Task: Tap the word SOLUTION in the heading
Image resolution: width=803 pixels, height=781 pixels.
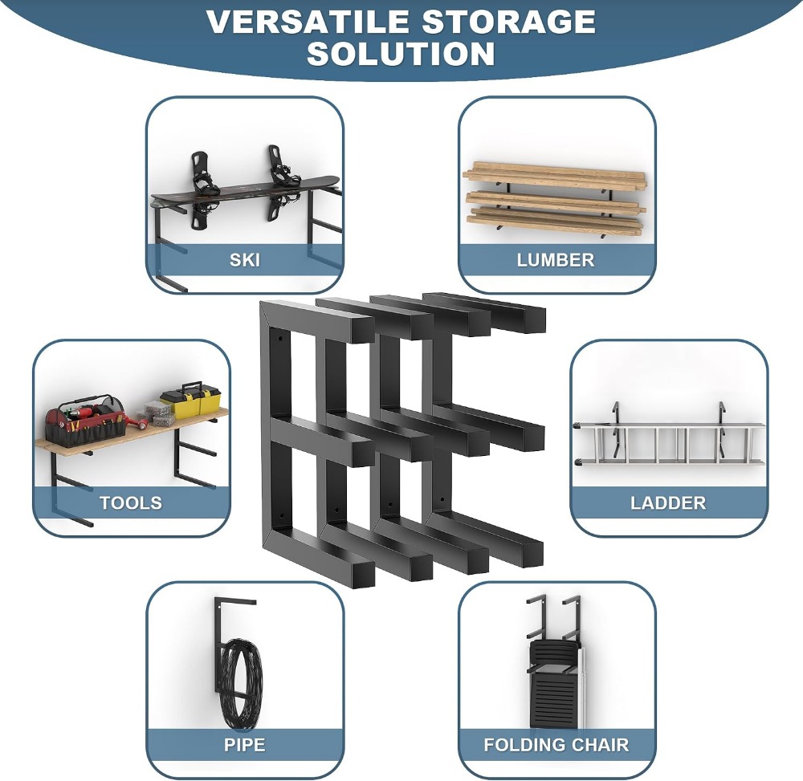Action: click(x=401, y=53)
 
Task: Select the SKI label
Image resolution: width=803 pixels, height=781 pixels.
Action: click(x=245, y=260)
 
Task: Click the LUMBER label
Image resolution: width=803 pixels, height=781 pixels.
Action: click(x=556, y=260)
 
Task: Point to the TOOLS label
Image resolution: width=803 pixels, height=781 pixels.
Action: click(x=131, y=502)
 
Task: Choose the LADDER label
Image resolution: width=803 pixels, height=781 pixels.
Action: click(x=668, y=502)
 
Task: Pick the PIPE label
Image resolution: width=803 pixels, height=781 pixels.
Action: click(x=245, y=745)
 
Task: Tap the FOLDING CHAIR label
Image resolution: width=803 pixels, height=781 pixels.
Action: click(x=556, y=745)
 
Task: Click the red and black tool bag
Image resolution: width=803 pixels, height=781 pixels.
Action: click(x=85, y=421)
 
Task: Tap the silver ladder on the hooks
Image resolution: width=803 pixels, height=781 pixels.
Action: click(x=669, y=443)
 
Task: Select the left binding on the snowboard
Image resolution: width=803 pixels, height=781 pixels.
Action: click(x=205, y=189)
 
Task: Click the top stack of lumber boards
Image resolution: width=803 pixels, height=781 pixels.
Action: click(x=555, y=174)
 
